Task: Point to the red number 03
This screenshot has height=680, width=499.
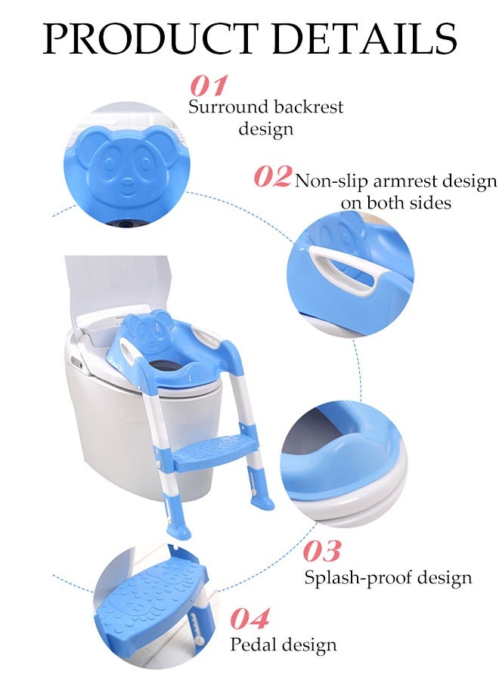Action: [322, 551]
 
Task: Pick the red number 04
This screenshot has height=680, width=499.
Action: [249, 619]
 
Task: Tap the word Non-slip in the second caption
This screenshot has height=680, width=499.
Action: [328, 181]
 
